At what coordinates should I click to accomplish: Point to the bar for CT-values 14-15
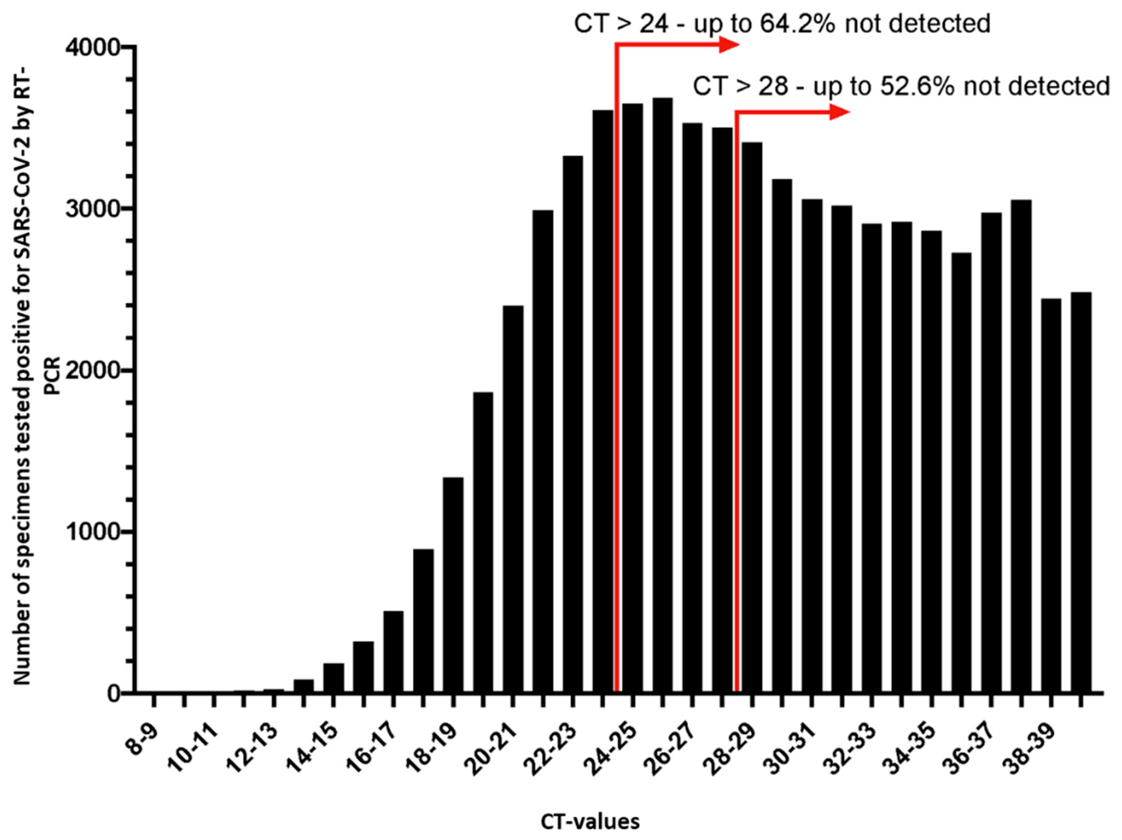[x=333, y=678]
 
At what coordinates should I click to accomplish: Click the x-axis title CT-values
[x=590, y=822]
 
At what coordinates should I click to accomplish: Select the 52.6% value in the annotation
[x=916, y=87]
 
